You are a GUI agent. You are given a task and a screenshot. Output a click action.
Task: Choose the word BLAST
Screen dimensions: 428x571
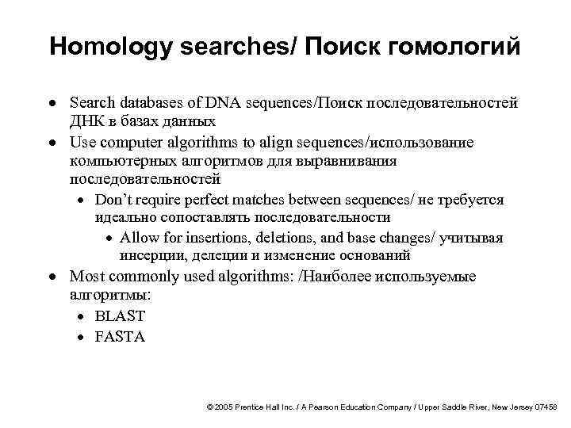120,315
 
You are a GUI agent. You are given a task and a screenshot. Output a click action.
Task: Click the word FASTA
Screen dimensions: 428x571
120,336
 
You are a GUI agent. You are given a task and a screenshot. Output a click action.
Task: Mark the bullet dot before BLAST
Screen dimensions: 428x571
82,316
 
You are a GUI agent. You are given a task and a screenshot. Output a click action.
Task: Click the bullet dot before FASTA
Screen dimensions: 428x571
82,337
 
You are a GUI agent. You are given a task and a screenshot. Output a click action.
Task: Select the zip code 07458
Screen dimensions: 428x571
545,406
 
